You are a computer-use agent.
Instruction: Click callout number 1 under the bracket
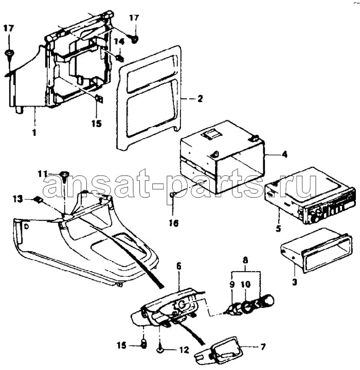[34, 133]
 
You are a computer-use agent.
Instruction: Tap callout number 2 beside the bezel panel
[200, 98]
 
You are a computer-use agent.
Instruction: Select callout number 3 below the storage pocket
[295, 281]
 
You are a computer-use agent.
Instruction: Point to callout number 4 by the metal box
[284, 155]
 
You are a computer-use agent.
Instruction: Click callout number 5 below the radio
[278, 228]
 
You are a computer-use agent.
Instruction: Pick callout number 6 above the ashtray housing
[178, 267]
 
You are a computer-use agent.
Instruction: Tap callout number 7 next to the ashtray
[263, 347]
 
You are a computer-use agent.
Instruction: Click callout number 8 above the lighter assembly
[245, 260]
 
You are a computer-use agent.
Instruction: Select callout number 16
[173, 223]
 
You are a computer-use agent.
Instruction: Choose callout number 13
[18, 199]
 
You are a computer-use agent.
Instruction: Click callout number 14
[119, 42]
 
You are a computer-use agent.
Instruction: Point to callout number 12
[184, 350]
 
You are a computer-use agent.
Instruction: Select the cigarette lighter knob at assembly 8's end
[266, 300]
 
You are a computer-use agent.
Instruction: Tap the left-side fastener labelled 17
[9, 54]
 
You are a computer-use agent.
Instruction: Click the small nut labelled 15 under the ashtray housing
[143, 344]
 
